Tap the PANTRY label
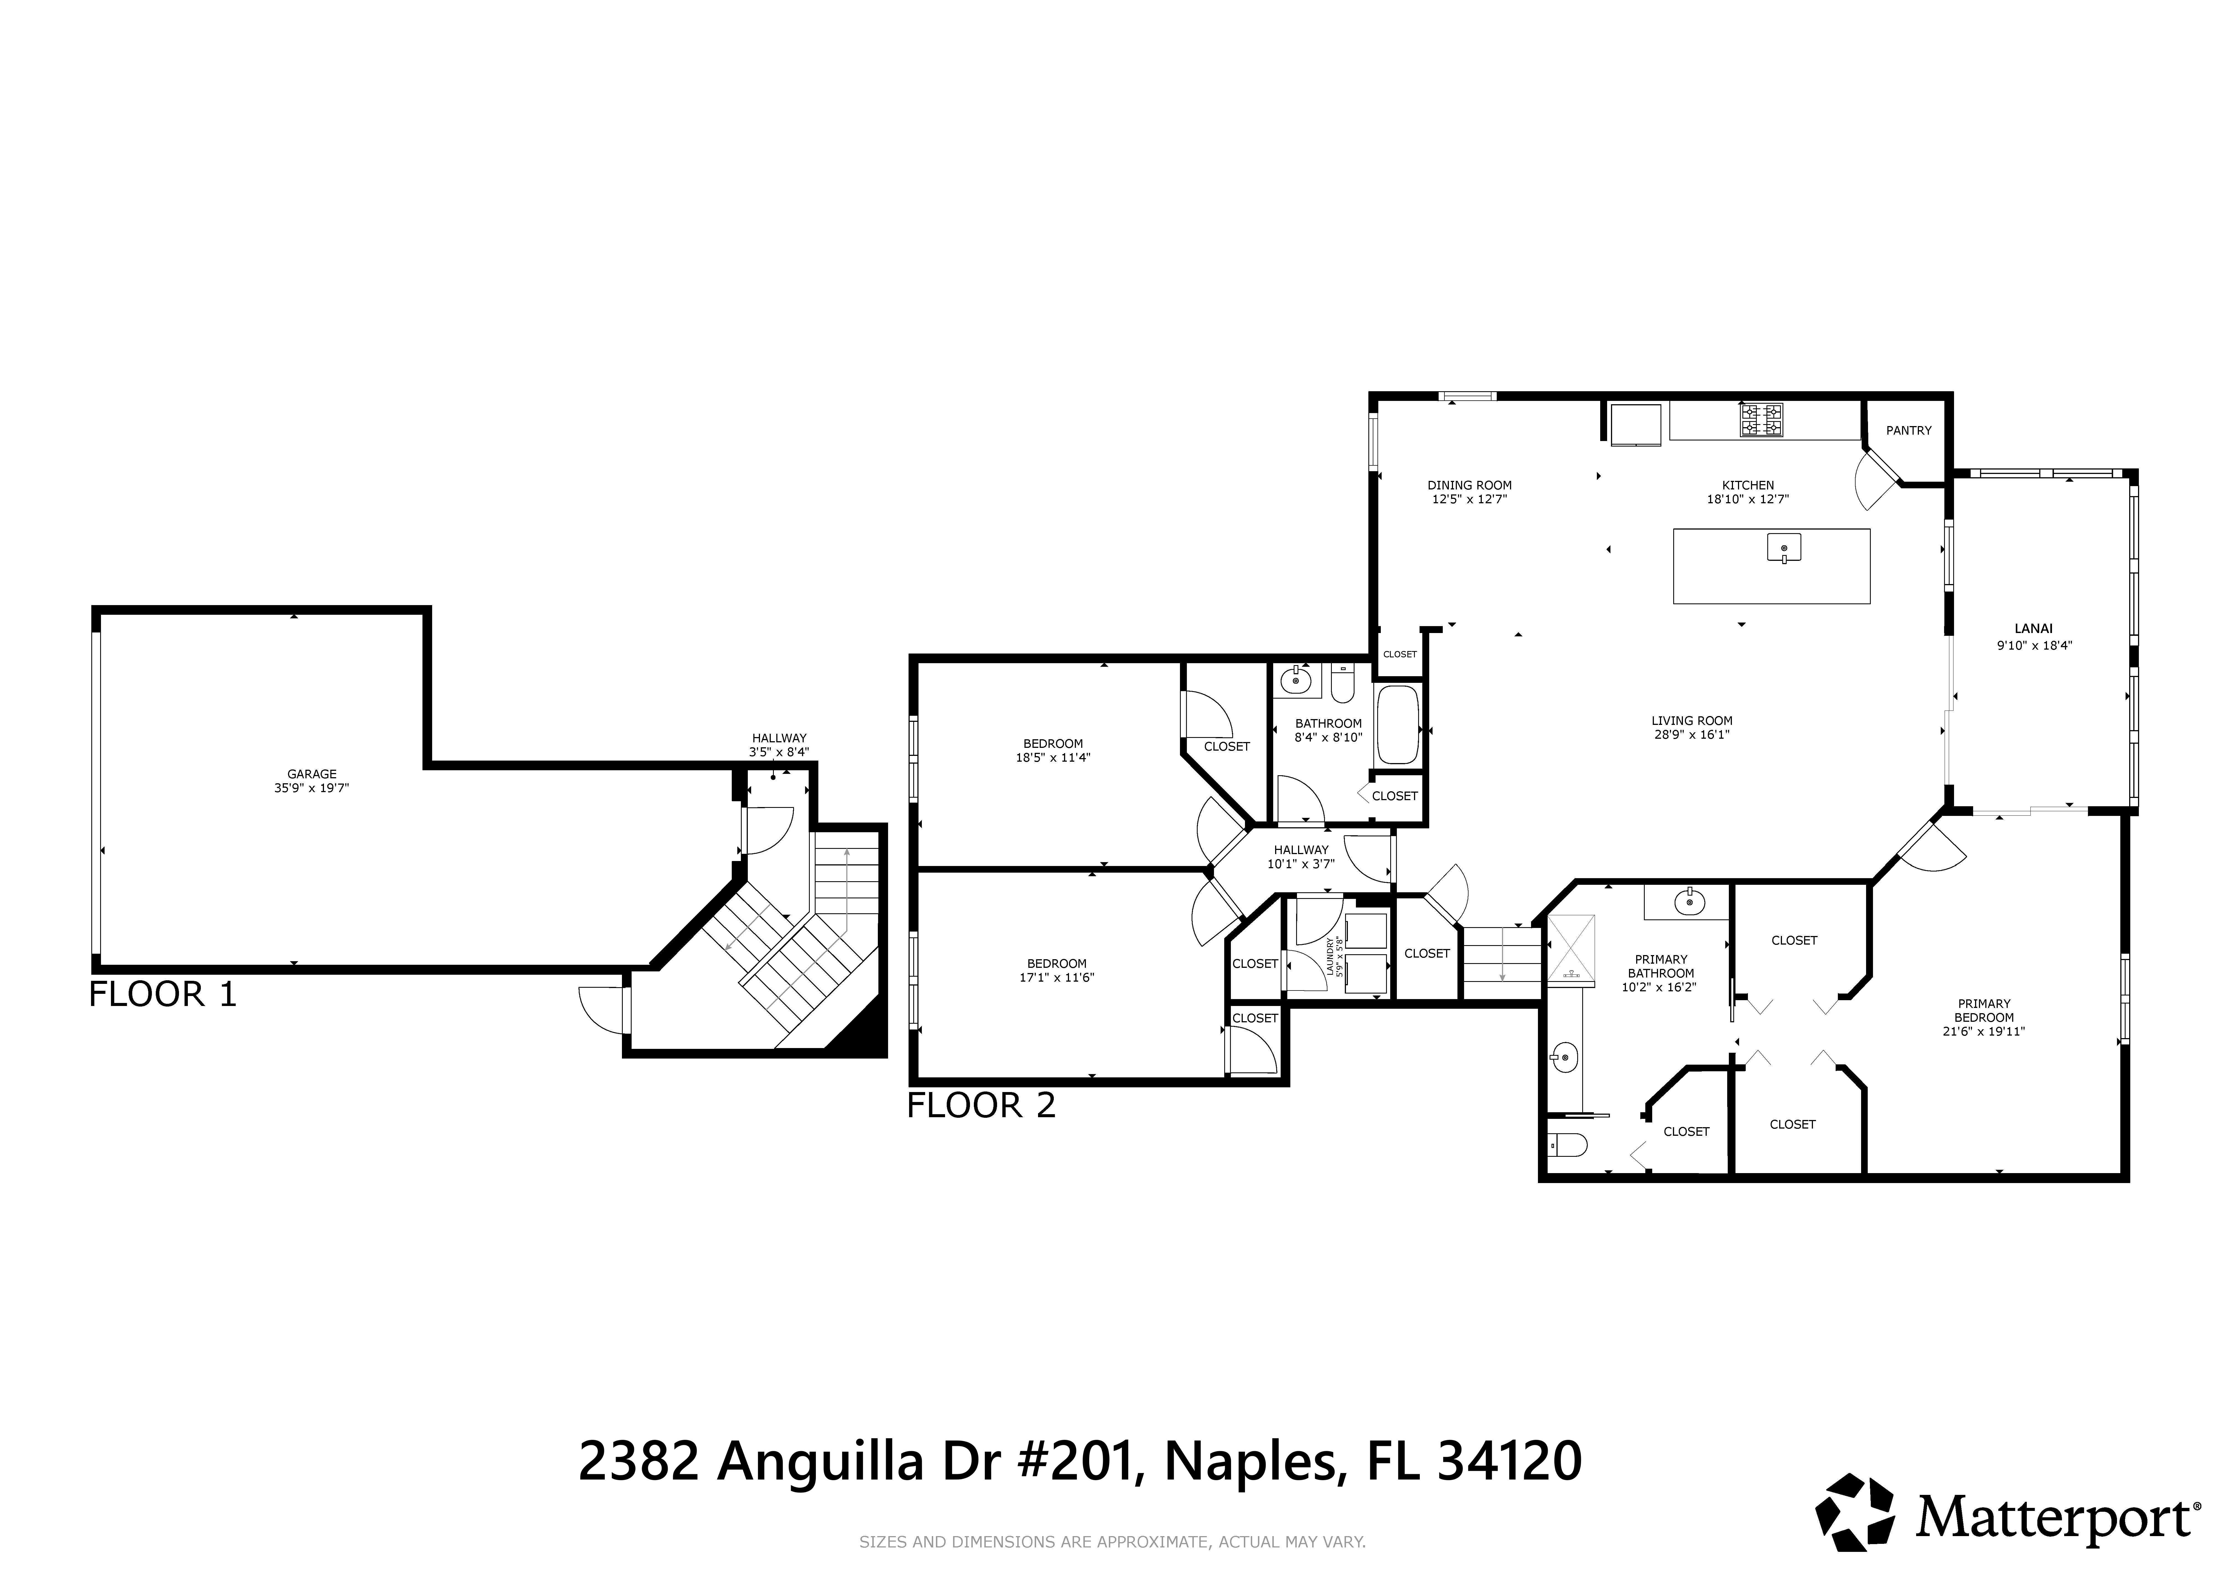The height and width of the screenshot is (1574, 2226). (x=1909, y=431)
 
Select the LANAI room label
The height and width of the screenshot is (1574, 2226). (x=2033, y=628)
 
